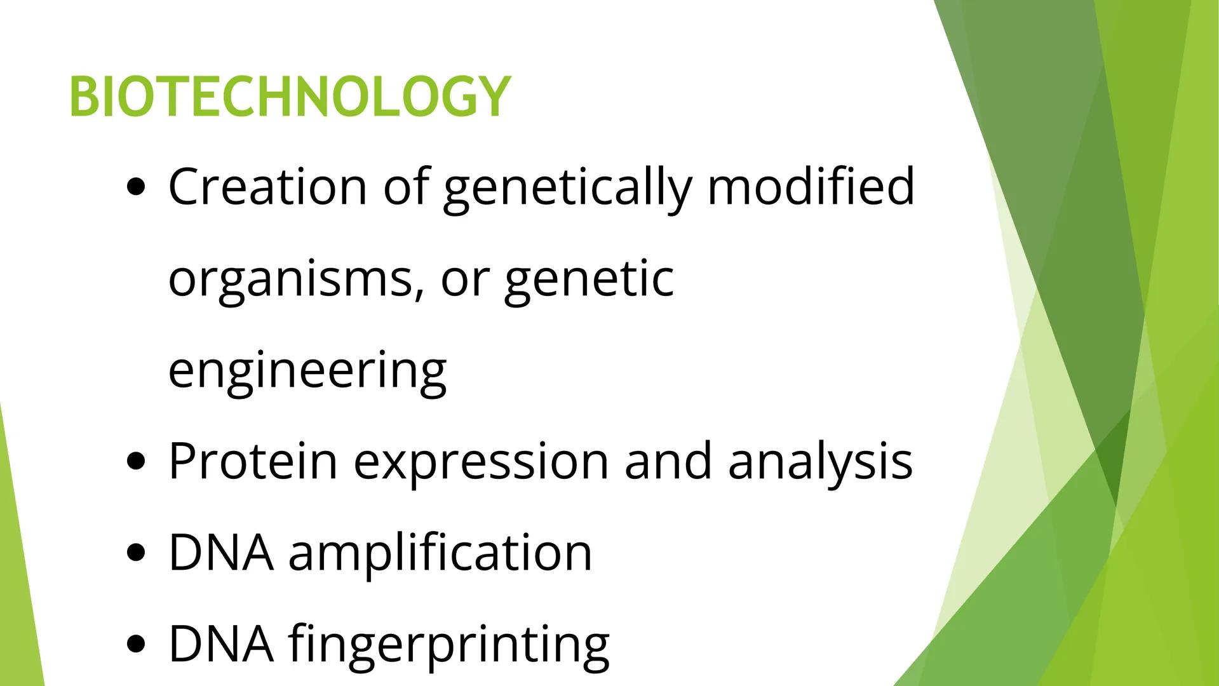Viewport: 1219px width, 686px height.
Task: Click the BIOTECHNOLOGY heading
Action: coord(289,97)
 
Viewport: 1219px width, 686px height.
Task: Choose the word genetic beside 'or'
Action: coord(589,279)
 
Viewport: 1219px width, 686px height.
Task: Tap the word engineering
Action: coord(307,371)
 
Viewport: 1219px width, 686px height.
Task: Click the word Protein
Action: coord(253,461)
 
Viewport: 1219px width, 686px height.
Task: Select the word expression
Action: coord(481,462)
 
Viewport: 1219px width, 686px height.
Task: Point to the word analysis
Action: coord(820,462)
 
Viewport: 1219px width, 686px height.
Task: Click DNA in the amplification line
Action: coord(220,553)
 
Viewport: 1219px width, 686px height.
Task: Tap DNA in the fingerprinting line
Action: coord(220,644)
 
